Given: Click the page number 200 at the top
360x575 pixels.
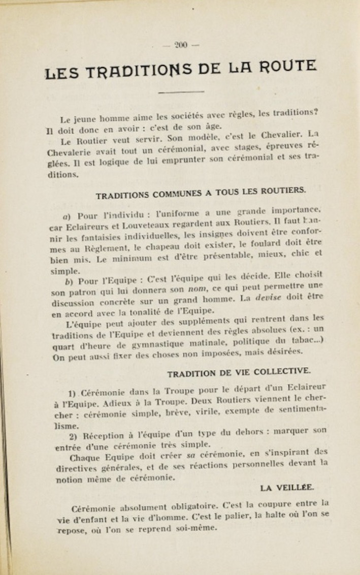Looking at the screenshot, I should click(x=180, y=45).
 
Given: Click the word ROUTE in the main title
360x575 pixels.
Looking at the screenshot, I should click(x=288, y=67).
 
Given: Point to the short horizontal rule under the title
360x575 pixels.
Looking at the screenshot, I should click(x=181, y=92).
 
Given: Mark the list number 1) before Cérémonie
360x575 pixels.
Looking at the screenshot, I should click(x=72, y=393).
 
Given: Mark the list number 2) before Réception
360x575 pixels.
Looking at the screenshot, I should click(x=72, y=436).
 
